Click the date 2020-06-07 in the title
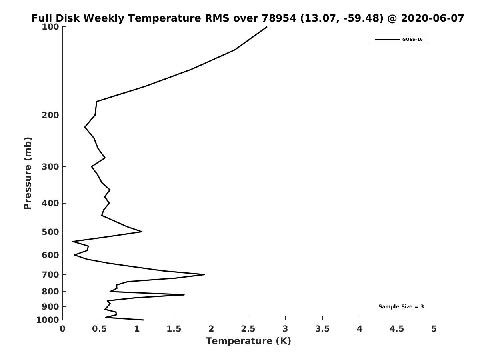click(432, 18)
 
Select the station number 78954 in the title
click(279, 18)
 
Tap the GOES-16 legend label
click(412, 40)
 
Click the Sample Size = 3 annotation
click(401, 307)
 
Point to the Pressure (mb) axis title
click(28, 173)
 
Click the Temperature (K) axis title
click(248, 341)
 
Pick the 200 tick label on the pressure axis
click(50, 115)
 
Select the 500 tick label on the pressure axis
click(50, 232)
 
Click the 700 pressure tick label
click(50, 274)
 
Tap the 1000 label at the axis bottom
click(48, 320)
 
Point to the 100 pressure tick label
click(50, 27)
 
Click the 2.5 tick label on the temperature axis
click(248, 329)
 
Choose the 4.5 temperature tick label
click(397, 329)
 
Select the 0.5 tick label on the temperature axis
click(100, 329)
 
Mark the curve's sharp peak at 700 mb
click(205, 274)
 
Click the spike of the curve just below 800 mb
click(184, 295)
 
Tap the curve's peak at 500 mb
click(142, 232)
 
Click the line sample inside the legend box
click(387, 40)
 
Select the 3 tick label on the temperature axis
click(285, 329)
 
